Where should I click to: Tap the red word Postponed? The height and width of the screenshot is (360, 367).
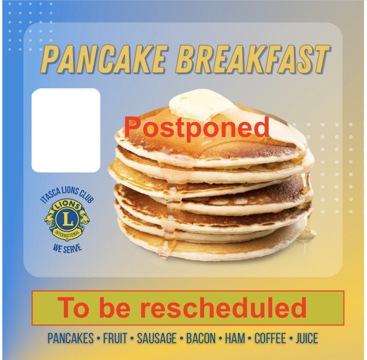[x=196, y=128]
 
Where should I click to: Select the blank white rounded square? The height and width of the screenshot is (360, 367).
[x=66, y=130]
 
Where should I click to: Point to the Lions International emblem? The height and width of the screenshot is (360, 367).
[x=67, y=220]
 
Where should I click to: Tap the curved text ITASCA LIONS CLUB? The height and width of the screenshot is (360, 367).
[x=67, y=194]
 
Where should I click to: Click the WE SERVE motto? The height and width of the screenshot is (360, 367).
[x=67, y=248]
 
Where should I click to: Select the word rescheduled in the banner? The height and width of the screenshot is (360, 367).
[x=223, y=307]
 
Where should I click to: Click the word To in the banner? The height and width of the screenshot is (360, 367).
[x=73, y=307]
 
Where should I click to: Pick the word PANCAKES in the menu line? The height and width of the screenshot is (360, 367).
[x=70, y=338]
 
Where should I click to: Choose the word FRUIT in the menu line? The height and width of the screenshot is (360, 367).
[x=115, y=338]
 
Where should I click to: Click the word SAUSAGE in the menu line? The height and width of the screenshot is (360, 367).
[x=157, y=338]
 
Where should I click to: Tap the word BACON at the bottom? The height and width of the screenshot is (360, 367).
[x=201, y=338]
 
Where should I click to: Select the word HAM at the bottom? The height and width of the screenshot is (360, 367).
[x=235, y=338]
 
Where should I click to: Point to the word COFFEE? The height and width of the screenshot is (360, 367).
[x=270, y=338]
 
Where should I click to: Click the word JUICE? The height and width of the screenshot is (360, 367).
[x=307, y=338]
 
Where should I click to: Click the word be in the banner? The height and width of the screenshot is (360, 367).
[x=115, y=307]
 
